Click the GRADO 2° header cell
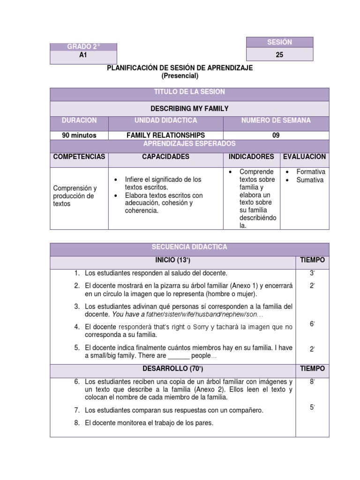[x=83, y=47]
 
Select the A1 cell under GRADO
[x=83, y=55]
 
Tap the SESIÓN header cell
[x=279, y=42]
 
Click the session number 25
[x=279, y=54]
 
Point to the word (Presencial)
[x=180, y=75]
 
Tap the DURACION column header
[x=79, y=121]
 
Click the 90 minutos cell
[x=79, y=135]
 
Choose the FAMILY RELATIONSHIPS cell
[x=166, y=135]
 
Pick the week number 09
[x=276, y=135]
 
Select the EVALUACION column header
[x=304, y=157]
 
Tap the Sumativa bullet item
[x=310, y=180]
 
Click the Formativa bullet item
[x=311, y=172]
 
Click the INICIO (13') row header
[x=171, y=260]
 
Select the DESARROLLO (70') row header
[x=171, y=369]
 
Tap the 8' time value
[x=312, y=382]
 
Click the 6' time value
[x=312, y=323]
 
